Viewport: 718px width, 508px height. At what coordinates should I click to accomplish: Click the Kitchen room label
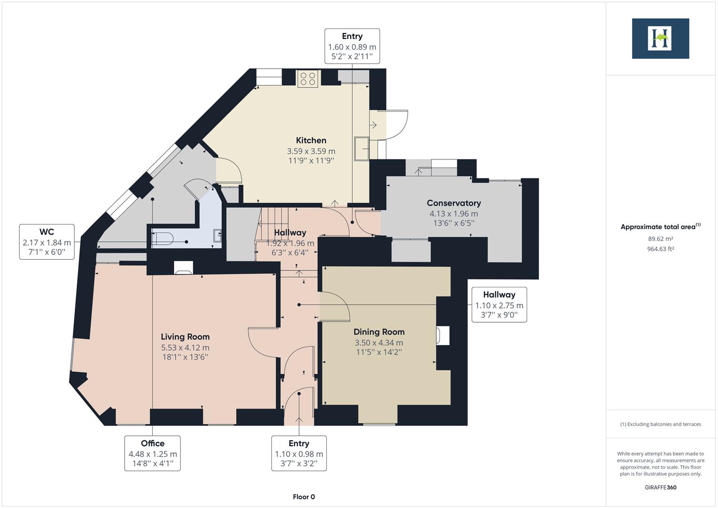pyautogui.click(x=311, y=140)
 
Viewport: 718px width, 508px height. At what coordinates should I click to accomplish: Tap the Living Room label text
pyautogui.click(x=185, y=337)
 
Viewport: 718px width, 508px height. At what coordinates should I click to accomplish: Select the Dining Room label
pyautogui.click(x=379, y=332)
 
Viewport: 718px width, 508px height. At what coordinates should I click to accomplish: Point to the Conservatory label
pyautogui.click(x=453, y=203)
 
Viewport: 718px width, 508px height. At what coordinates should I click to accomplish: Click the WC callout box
pyautogui.click(x=47, y=242)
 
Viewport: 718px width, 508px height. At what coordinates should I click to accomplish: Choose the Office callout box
pyautogui.click(x=152, y=453)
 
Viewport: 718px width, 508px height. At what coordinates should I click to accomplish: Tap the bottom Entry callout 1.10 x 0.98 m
pyautogui.click(x=299, y=453)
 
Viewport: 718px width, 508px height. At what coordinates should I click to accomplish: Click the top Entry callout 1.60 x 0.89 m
pyautogui.click(x=352, y=46)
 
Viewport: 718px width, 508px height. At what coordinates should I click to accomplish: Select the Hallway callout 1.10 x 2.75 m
pyautogui.click(x=499, y=305)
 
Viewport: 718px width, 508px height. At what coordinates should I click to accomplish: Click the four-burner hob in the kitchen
pyautogui.click(x=308, y=79)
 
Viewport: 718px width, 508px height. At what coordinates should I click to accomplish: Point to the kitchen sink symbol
pyautogui.click(x=362, y=149)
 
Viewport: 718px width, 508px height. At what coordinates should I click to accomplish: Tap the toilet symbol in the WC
pyautogui.click(x=163, y=238)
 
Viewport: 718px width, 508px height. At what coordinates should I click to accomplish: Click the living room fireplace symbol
pyautogui.click(x=183, y=267)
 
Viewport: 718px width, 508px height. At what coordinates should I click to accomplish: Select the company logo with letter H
pyautogui.click(x=660, y=39)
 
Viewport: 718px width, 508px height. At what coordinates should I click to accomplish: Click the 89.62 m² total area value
pyautogui.click(x=660, y=239)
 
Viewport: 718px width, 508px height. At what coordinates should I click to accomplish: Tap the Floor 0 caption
pyautogui.click(x=304, y=497)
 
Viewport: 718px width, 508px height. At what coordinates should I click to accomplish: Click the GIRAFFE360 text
pyautogui.click(x=660, y=487)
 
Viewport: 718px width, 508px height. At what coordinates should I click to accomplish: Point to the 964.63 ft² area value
pyautogui.click(x=660, y=249)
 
